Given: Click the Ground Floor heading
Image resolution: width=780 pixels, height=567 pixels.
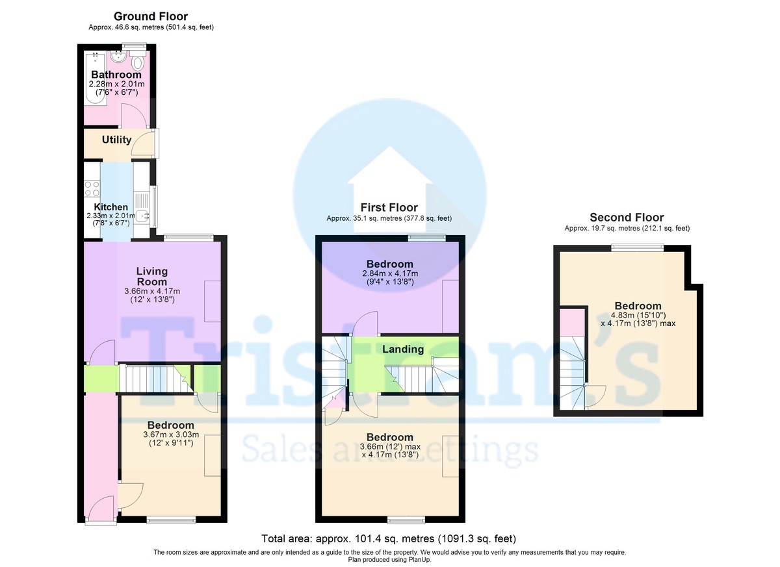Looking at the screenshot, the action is pyautogui.click(x=151, y=16).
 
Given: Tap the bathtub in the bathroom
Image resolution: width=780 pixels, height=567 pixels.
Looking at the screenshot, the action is pyautogui.click(x=95, y=78).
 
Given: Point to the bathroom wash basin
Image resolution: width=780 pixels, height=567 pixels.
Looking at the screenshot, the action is pyautogui.click(x=118, y=56).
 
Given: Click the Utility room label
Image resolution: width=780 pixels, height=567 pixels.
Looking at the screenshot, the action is pyautogui.click(x=116, y=140).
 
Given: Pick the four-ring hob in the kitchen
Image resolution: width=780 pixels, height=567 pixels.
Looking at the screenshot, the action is pyautogui.click(x=92, y=188).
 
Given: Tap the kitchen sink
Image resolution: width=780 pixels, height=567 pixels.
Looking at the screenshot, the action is pyautogui.click(x=142, y=216).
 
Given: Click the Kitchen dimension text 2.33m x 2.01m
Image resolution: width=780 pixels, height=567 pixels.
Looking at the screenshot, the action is pyautogui.click(x=110, y=216).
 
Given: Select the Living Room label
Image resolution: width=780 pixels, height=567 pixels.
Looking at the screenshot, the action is pyautogui.click(x=152, y=276).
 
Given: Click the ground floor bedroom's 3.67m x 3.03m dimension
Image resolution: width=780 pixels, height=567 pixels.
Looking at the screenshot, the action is pyautogui.click(x=171, y=435).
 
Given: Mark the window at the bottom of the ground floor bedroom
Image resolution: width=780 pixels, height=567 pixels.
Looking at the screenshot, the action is pyautogui.click(x=171, y=520).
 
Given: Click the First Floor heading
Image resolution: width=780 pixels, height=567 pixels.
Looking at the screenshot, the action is pyautogui.click(x=389, y=208).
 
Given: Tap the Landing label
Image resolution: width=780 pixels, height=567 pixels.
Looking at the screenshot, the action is pyautogui.click(x=403, y=349).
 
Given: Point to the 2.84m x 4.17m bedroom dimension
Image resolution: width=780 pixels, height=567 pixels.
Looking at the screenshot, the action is pyautogui.click(x=390, y=273).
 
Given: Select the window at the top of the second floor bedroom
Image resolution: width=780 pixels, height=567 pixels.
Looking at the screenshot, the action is pyautogui.click(x=637, y=247).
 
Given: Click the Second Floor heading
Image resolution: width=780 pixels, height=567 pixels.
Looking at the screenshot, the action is pyautogui.click(x=627, y=218).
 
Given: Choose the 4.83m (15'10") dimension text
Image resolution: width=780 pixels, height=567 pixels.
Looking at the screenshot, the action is pyautogui.click(x=638, y=315).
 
